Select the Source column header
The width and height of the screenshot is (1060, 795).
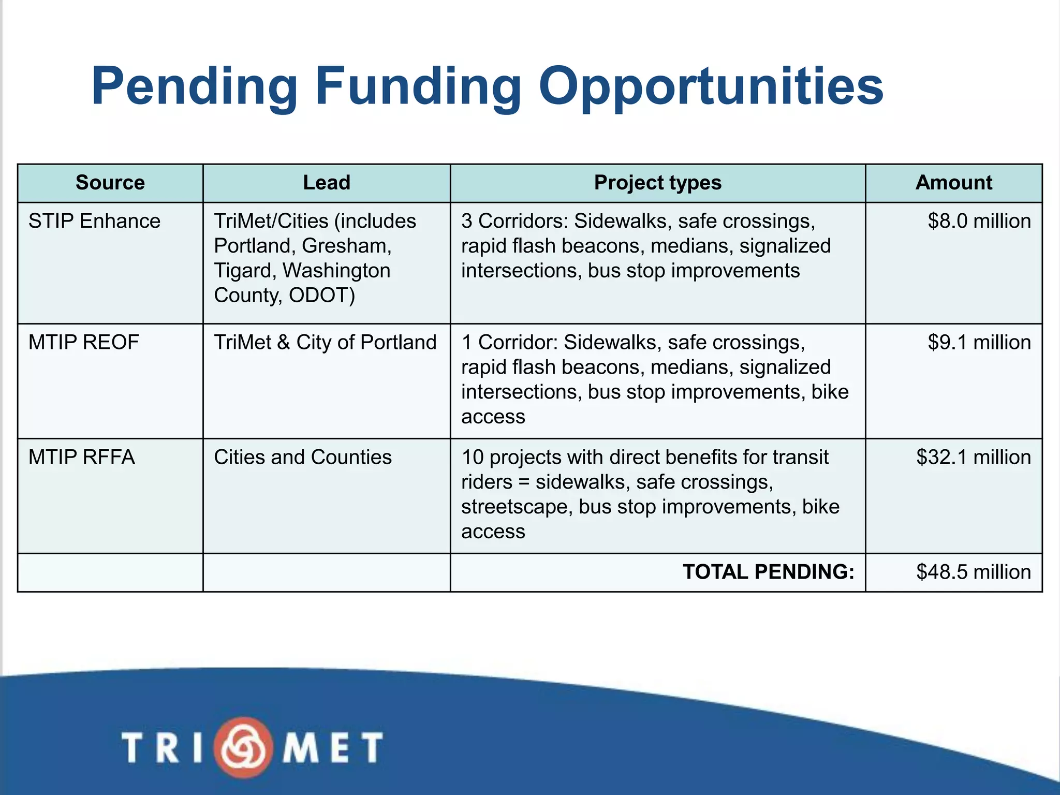tap(110, 183)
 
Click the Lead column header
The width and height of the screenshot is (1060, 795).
tap(327, 183)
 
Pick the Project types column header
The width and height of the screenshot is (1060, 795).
tap(657, 183)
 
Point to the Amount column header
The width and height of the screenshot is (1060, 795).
tap(953, 183)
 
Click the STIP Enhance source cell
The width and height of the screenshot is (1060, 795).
tap(94, 221)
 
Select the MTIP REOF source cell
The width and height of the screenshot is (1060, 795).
tap(84, 342)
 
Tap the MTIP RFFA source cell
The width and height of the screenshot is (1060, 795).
tap(82, 457)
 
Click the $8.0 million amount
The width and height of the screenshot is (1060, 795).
tap(979, 221)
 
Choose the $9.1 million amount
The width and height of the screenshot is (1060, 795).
tap(979, 342)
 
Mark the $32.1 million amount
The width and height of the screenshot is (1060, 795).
tap(973, 457)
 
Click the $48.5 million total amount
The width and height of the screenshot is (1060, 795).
tap(973, 572)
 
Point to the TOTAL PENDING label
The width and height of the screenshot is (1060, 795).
tap(768, 572)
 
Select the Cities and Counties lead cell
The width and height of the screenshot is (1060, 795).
tap(303, 457)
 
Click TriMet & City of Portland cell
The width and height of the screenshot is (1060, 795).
tap(325, 342)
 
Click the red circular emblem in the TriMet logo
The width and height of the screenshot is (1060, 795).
tap(243, 747)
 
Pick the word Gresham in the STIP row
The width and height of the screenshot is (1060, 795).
tap(346, 246)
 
